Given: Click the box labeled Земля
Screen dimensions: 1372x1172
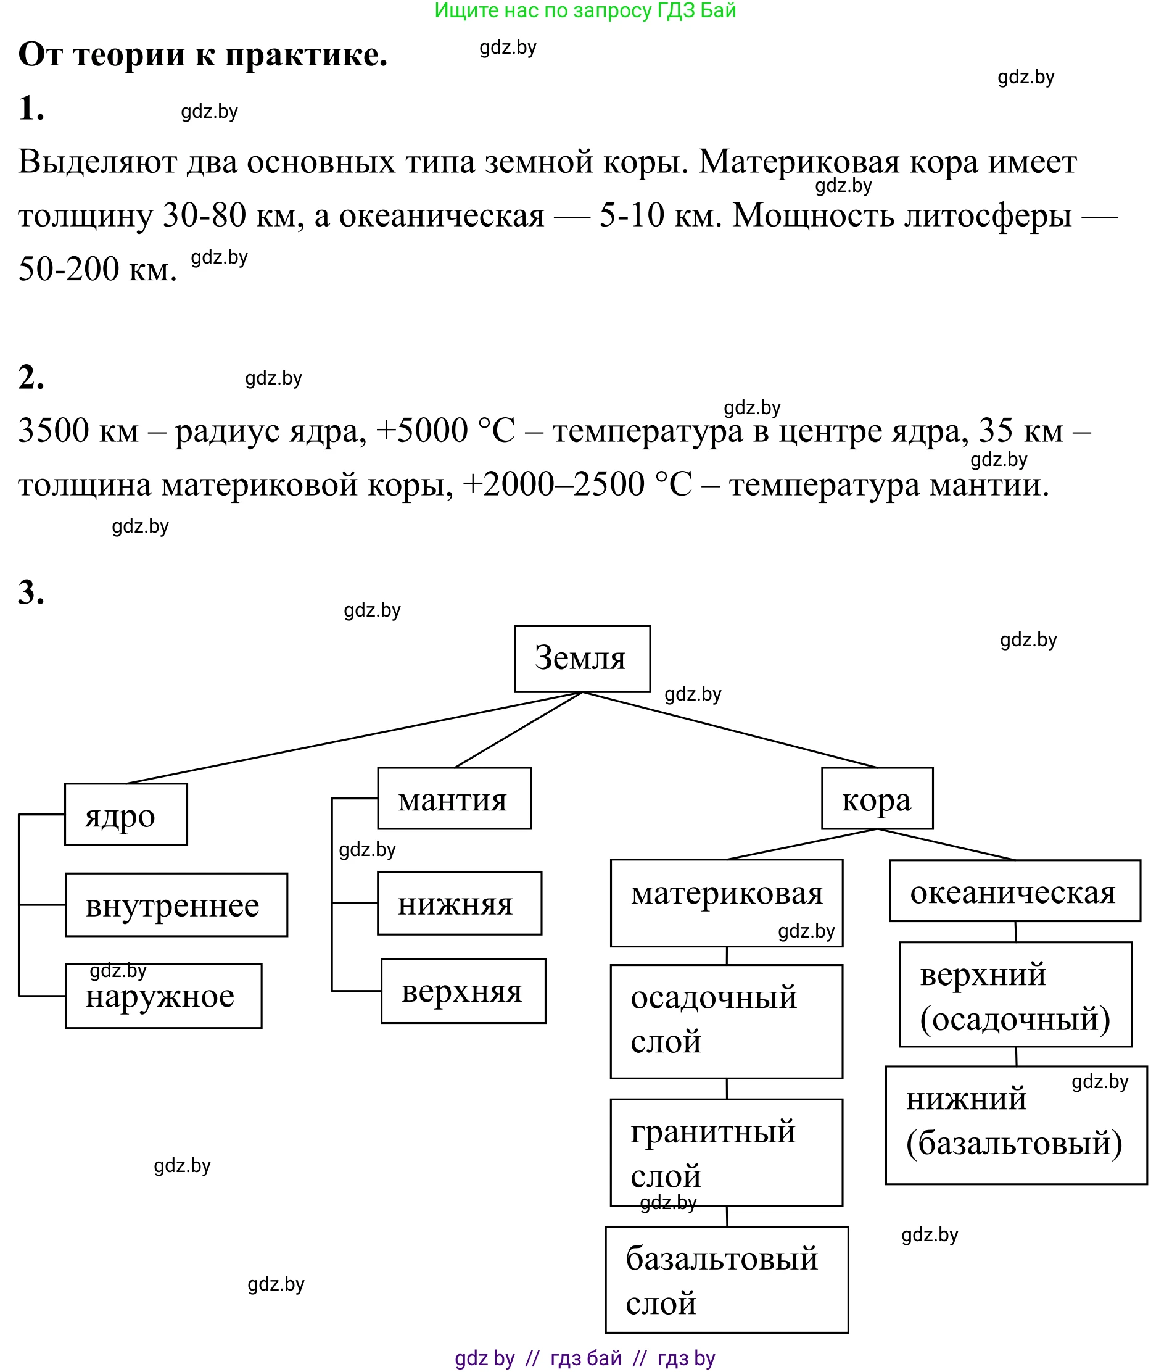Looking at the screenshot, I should [582, 659].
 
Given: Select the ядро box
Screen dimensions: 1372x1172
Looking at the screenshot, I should [126, 815].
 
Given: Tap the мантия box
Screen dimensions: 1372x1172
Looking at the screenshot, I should [454, 798].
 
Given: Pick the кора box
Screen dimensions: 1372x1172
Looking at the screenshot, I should [877, 798].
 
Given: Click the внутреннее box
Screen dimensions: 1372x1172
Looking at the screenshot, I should [176, 905].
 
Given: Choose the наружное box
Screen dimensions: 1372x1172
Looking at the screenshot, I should [163, 996].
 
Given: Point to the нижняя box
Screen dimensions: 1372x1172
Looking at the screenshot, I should [460, 903].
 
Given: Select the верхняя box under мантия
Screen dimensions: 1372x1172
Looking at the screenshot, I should [463, 991].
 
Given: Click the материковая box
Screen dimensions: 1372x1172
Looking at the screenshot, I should [726, 902].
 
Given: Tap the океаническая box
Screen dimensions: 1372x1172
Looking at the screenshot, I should [1015, 891].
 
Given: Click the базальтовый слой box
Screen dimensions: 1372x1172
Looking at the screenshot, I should [726, 1280].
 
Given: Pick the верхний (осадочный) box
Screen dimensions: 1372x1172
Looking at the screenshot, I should [1015, 994].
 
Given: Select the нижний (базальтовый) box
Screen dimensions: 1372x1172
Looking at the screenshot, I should [1016, 1125].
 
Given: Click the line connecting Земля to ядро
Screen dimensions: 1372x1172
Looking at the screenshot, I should [354, 738].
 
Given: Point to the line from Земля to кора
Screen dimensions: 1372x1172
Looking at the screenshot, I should [730, 730].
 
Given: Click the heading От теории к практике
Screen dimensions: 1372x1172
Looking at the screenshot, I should [202, 54].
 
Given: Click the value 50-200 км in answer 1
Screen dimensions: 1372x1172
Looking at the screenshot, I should [97, 269].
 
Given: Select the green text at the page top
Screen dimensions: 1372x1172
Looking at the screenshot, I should [585, 10].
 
